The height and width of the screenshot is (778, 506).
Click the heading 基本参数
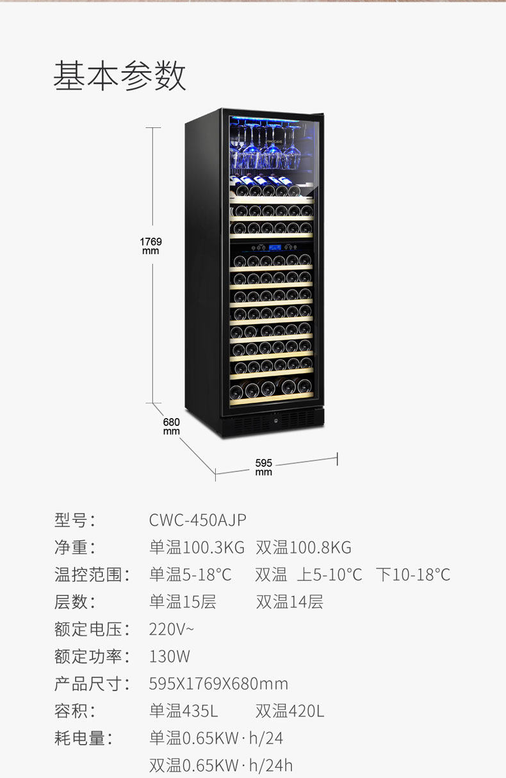click(x=120, y=76)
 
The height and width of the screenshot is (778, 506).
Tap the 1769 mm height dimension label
click(x=151, y=246)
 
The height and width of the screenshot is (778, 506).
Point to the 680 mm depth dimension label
click(x=172, y=426)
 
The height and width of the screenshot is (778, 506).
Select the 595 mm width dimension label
click(x=264, y=467)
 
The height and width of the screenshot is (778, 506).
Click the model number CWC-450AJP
click(x=197, y=520)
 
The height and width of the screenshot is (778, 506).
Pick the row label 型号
click(x=74, y=520)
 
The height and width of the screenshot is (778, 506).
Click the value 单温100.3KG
click(x=197, y=547)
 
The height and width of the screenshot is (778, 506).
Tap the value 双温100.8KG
click(x=304, y=547)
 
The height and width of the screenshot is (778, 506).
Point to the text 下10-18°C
click(x=413, y=574)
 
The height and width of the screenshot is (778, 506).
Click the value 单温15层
click(x=183, y=602)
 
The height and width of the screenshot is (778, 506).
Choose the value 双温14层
click(x=290, y=602)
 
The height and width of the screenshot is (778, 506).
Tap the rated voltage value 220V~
click(x=171, y=629)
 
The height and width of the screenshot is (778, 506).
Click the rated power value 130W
click(x=170, y=656)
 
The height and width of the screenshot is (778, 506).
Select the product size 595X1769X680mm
click(x=218, y=684)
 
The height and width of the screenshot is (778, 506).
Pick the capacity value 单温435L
click(x=184, y=711)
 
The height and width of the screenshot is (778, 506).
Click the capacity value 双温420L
click(x=290, y=711)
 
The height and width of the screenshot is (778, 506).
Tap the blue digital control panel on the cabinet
click(x=273, y=248)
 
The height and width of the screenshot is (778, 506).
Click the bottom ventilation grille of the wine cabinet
click(x=272, y=421)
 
